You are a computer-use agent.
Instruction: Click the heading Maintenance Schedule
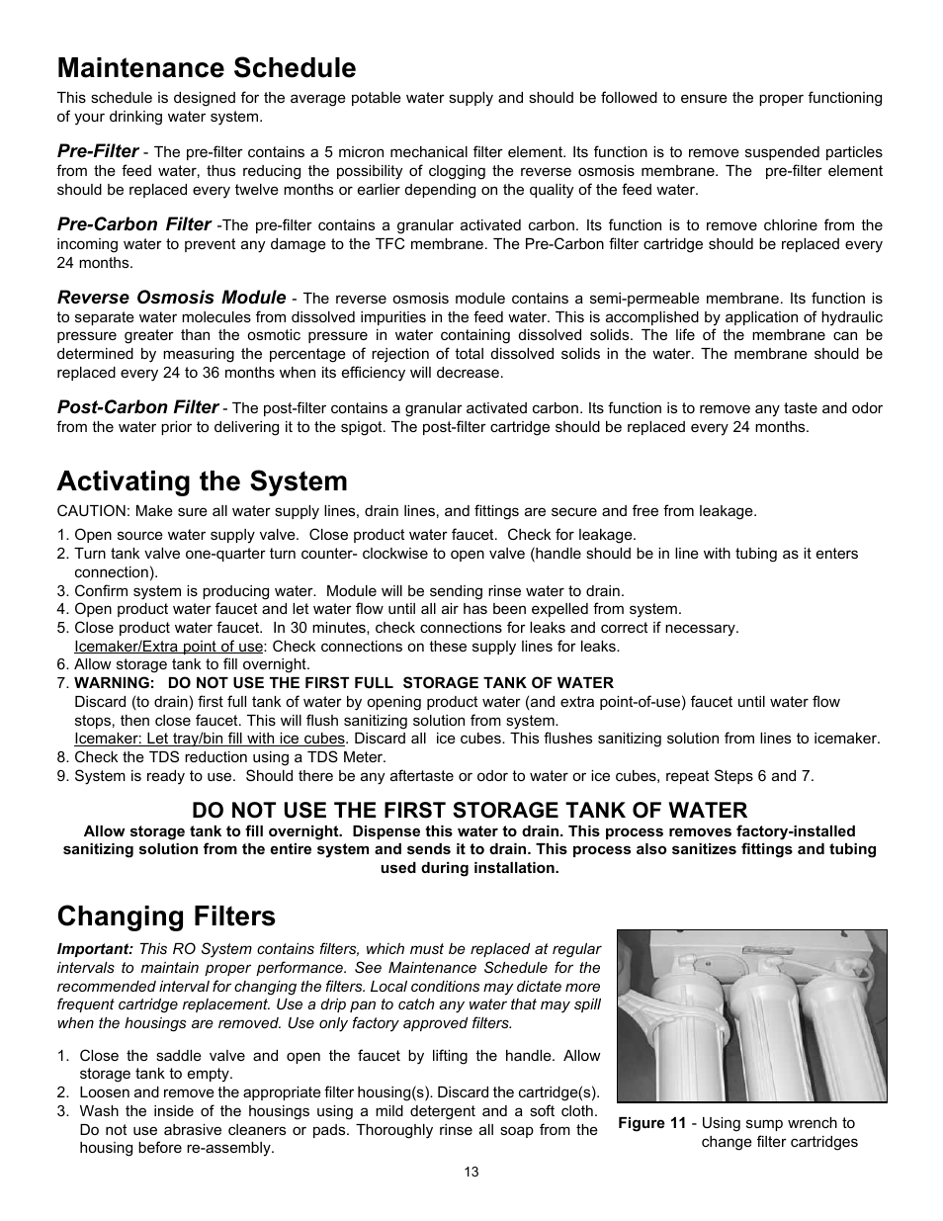tap(206, 68)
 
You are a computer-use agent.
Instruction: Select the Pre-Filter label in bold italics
tap(98, 151)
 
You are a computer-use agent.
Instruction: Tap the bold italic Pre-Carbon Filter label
tap(133, 224)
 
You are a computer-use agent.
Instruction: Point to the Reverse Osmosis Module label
tap(171, 298)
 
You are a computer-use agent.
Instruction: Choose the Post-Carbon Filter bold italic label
tap(137, 407)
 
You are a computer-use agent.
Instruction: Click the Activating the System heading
tap(202, 481)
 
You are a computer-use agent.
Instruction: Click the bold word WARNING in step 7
tap(114, 683)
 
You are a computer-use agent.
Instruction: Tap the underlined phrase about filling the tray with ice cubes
tap(210, 739)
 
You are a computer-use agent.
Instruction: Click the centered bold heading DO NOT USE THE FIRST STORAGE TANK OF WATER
tap(470, 810)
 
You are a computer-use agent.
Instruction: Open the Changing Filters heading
tap(166, 916)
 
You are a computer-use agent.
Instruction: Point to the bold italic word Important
tap(94, 948)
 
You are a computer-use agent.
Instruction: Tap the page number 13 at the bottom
tap(471, 1173)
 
